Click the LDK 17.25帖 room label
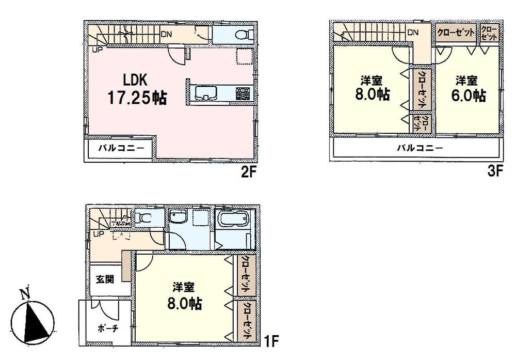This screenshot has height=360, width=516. pos(136,89)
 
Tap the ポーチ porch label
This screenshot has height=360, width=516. pos(105,328)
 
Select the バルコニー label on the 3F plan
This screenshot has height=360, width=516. pos(420,148)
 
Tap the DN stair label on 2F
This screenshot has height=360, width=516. pos(166,35)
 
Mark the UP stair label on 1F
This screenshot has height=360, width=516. pos(97,234)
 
